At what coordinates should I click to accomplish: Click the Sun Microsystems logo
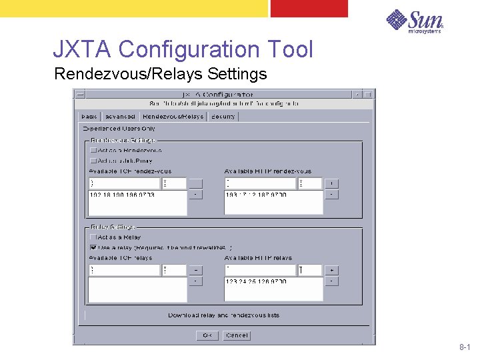coord(415,21)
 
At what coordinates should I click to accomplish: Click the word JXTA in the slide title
coord(83,49)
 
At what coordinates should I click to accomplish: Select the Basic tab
coord(89,116)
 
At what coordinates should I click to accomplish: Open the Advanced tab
coord(119,116)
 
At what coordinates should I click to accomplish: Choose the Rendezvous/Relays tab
coord(173,116)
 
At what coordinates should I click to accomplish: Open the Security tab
coord(223,116)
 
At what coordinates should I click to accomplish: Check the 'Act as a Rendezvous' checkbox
coord(93,151)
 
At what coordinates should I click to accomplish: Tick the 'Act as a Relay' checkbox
coord(93,237)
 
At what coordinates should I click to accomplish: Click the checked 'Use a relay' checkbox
coord(93,247)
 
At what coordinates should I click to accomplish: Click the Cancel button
coord(237,335)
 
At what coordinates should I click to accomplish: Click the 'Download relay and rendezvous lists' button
coord(223,315)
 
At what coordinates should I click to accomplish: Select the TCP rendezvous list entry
coord(121,195)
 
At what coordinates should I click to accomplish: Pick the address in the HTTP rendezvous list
coord(256,195)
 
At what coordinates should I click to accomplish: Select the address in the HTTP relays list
coord(256,281)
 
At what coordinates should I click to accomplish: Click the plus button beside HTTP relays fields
coord(332,270)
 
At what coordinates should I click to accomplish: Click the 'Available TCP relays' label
coord(121,258)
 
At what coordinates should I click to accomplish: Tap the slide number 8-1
coord(465,348)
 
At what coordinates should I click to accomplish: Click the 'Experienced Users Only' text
coord(118,128)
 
